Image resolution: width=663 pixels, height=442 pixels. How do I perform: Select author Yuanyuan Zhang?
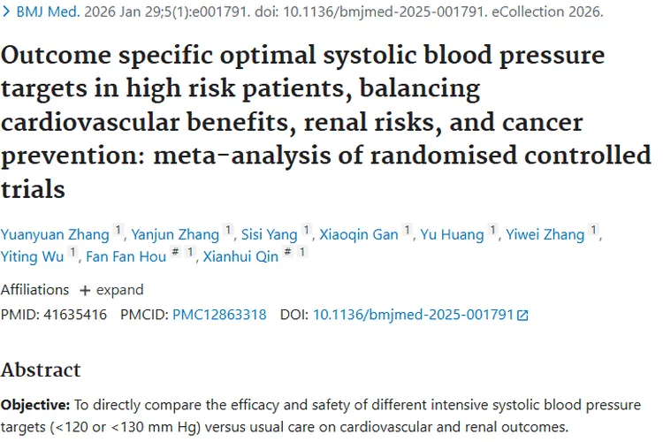click(x=55, y=234)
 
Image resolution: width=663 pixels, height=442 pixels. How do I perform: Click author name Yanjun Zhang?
click(x=175, y=234)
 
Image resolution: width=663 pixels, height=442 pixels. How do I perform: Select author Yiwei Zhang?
click(x=545, y=234)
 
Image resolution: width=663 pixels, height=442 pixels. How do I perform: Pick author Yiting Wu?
click(x=33, y=257)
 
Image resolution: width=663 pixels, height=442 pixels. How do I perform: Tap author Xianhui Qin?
click(x=240, y=257)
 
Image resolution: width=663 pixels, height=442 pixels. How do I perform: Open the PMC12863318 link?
click(x=219, y=314)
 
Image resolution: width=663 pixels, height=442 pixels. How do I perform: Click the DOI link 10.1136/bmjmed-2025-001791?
click(x=413, y=314)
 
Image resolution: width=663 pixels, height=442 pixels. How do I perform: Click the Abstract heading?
click(x=41, y=370)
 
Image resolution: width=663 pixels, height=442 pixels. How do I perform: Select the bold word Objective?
click(x=35, y=406)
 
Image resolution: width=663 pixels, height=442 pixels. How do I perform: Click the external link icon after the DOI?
click(x=522, y=315)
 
